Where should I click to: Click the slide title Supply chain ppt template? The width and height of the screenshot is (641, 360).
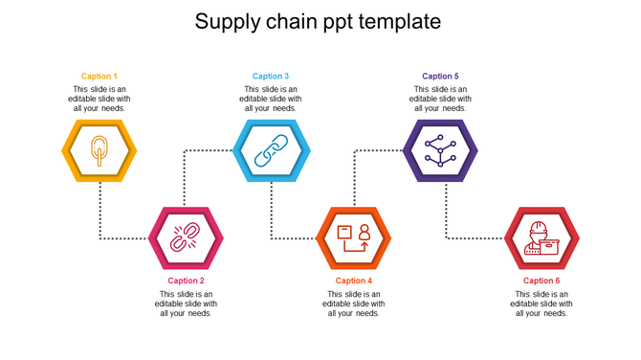318,21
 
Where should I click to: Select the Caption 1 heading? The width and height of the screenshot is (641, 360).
99,77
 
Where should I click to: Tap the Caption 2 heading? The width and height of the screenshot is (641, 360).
186,281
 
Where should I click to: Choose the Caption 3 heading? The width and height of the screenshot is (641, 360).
271,77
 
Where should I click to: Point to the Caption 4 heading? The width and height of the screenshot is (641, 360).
354,281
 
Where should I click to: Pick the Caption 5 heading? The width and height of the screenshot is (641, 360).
440,77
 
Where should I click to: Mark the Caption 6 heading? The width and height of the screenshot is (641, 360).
542,281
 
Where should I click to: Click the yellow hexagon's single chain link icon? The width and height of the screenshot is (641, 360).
99,151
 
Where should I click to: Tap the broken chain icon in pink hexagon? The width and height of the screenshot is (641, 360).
185,237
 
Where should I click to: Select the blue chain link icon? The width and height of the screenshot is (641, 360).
271,150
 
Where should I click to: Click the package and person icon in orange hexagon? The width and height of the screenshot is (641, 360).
354,237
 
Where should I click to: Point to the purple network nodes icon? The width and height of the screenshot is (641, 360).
440,150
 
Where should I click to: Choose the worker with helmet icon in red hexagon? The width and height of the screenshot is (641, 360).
542,238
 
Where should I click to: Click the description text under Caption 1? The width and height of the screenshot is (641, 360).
99,99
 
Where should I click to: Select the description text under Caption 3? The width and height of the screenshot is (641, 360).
271,99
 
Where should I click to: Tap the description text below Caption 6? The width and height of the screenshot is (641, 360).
542,304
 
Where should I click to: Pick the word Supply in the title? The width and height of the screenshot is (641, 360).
227,22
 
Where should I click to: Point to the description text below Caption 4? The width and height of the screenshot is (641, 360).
354,304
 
